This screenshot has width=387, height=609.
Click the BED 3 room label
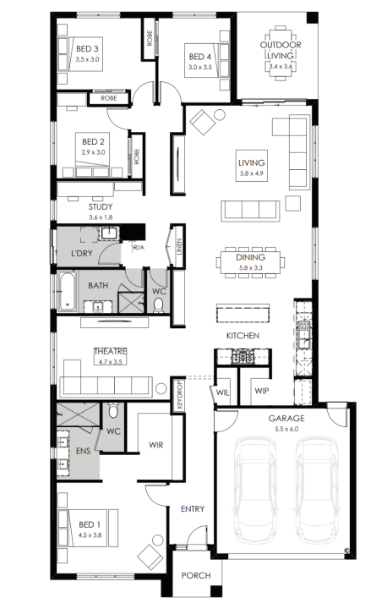[x=87, y=49]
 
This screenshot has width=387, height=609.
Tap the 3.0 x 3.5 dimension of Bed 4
[x=200, y=67]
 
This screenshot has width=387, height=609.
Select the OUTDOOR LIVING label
[x=281, y=50]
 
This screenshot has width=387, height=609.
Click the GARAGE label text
[x=286, y=419]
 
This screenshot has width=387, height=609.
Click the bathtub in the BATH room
[x=68, y=292]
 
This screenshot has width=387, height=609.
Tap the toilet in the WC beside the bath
[x=158, y=304]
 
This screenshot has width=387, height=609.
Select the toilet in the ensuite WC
[x=113, y=410]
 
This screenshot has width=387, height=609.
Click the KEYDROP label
[x=179, y=395]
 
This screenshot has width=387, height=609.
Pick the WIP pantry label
[x=262, y=391]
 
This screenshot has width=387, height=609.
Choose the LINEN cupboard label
[x=178, y=247]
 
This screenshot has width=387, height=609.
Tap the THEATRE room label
[x=110, y=352]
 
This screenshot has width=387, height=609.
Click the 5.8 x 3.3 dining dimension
[x=251, y=268]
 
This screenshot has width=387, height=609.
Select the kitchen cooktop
[x=243, y=357]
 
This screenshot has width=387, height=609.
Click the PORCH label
[x=196, y=575]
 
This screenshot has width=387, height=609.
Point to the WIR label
[x=156, y=445]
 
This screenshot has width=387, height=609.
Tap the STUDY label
[x=101, y=207]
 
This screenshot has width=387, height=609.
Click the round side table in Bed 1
[x=158, y=540]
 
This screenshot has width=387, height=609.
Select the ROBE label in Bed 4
[x=150, y=38]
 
